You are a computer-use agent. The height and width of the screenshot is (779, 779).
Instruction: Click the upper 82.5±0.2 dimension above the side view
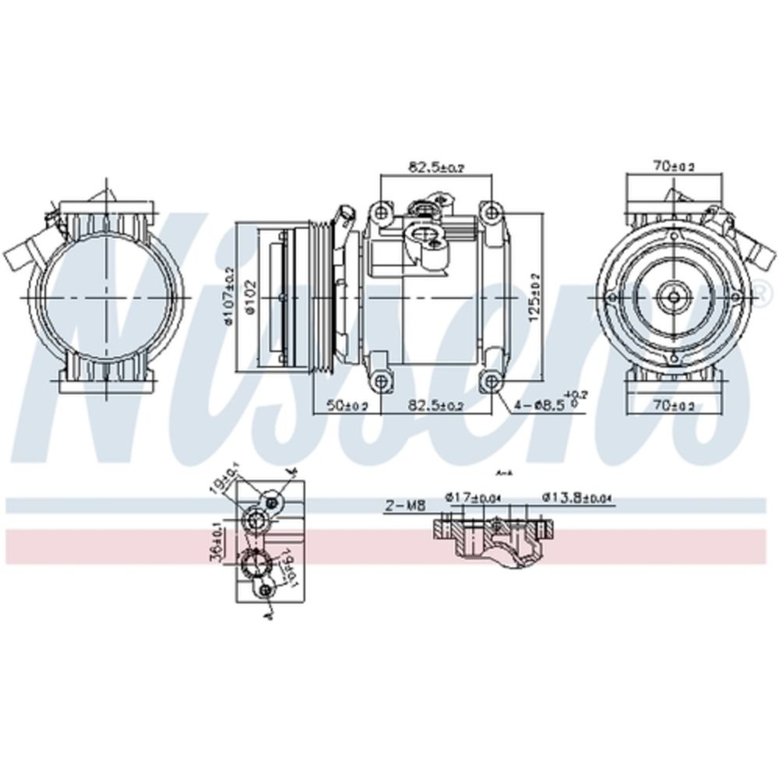[x=435, y=167]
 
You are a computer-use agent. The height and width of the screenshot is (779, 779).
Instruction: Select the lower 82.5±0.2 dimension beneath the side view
[x=435, y=406]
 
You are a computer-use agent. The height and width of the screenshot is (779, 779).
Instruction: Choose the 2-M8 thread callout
[x=405, y=506]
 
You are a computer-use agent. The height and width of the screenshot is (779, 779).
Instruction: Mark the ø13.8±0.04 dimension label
[x=578, y=496]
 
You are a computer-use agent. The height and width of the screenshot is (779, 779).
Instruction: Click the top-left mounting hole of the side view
[x=380, y=211]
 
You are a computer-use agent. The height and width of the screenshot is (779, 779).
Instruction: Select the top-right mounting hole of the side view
[x=490, y=211]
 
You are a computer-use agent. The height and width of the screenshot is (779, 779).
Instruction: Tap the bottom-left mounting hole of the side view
[x=380, y=381]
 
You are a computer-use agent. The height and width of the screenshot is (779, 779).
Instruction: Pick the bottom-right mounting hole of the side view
[x=490, y=381]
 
